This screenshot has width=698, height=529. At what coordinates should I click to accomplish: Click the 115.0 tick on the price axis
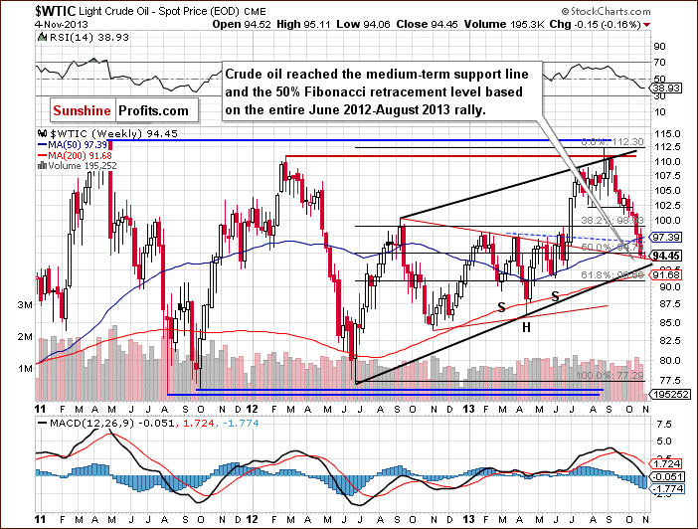668,133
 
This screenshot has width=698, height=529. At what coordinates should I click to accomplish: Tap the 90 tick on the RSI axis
658,46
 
